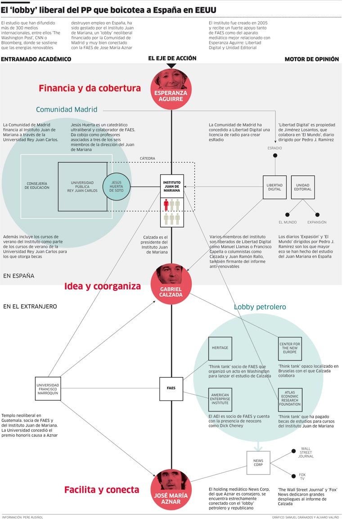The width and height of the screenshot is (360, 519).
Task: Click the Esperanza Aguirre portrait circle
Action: [171, 90]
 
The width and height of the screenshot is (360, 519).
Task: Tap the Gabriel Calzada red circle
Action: [171, 285]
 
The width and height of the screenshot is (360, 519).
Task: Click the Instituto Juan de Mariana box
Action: [172, 186]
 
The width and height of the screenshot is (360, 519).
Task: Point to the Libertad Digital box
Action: [274, 187]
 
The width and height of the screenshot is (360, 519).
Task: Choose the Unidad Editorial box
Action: [302, 187]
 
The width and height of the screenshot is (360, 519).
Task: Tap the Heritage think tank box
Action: [220, 348]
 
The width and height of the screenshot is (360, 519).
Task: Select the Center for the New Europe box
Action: [290, 348]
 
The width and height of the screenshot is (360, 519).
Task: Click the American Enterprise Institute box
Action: [220, 399]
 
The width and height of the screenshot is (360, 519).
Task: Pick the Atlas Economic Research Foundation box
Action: [290, 399]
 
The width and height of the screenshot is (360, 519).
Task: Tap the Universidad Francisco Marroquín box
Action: [48, 388]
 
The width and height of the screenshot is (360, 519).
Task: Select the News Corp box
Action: [258, 463]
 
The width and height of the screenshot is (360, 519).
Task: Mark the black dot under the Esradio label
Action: [275, 156]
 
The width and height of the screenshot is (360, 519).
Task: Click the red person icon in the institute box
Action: [166, 205]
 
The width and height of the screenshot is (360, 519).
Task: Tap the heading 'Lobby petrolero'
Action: [260, 307]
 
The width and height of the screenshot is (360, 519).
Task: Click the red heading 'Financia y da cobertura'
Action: [90, 88]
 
